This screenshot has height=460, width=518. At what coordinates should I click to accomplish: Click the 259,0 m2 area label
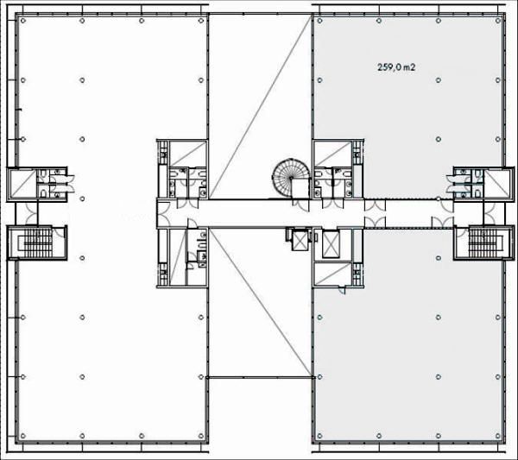tap(396, 67)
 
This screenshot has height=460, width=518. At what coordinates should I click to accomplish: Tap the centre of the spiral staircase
tap(291, 179)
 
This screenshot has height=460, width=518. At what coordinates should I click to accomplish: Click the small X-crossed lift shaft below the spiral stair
tap(300, 241)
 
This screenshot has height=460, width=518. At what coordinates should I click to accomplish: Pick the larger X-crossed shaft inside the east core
tap(331, 244)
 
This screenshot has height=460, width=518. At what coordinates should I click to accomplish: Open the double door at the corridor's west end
tap(162, 214)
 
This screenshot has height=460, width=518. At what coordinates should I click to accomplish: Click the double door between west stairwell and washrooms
tap(32, 213)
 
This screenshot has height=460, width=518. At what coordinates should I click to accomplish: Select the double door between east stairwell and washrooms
tap(490, 213)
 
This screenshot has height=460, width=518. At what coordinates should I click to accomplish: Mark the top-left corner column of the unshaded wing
tap(22, 21)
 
